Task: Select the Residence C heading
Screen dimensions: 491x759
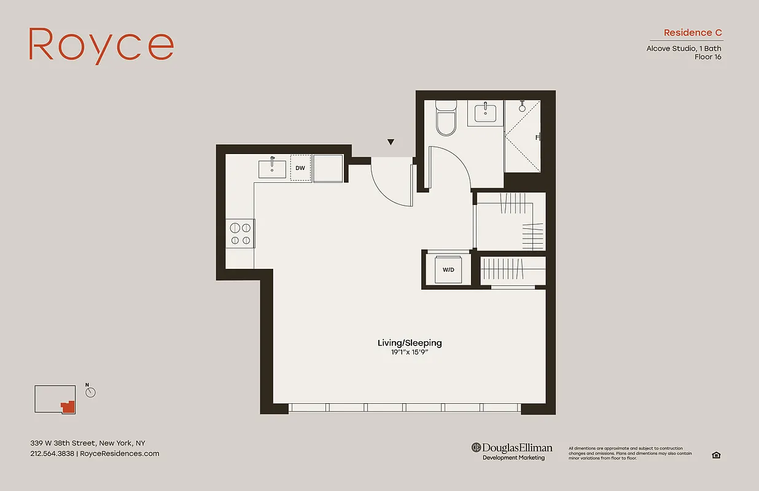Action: point(693,33)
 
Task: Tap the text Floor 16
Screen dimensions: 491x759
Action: point(707,57)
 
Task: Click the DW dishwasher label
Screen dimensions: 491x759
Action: point(300,168)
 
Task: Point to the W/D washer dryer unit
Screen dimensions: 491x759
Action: point(448,269)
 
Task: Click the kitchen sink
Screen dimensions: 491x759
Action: point(271,168)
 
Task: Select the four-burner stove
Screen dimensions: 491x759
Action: point(240,233)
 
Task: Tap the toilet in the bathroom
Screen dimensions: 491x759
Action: point(446,119)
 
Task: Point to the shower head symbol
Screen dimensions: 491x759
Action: point(523,106)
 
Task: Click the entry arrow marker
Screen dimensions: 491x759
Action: point(391,142)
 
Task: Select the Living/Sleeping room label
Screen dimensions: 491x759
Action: point(409,343)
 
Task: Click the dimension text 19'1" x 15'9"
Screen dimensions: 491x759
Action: point(409,352)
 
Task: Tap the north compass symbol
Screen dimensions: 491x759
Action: point(90,392)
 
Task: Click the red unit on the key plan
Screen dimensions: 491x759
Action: point(68,406)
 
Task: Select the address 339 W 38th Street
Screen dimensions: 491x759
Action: point(87,443)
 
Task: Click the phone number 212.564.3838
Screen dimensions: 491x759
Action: point(52,454)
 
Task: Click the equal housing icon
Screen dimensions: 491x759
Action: point(716,455)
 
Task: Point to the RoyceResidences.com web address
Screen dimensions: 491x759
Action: point(120,454)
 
